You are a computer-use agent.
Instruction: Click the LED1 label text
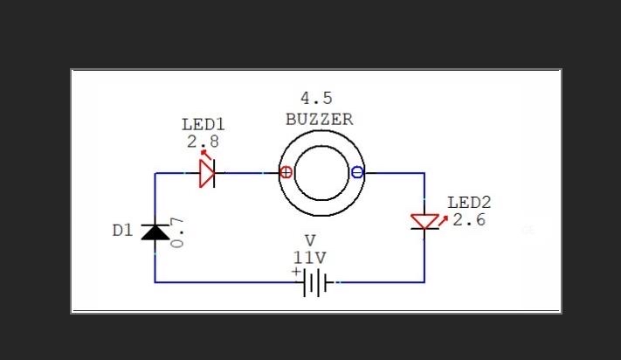click(203, 124)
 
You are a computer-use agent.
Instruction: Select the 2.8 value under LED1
click(203, 141)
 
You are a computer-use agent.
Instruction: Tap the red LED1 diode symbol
click(207, 173)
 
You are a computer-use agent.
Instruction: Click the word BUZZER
click(320, 120)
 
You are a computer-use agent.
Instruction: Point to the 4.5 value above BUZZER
click(316, 98)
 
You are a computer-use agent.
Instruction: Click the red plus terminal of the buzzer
click(286, 172)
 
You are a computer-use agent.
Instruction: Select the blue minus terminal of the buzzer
click(356, 172)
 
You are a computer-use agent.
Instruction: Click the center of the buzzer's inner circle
click(321, 173)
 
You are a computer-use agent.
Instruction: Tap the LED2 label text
click(469, 203)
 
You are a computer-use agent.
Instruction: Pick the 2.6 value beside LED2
click(469, 219)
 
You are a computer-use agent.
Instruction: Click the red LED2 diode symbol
click(424, 222)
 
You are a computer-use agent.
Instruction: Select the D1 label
click(122, 231)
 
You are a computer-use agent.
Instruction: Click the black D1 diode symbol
click(155, 232)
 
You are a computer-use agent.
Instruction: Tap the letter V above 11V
click(309, 240)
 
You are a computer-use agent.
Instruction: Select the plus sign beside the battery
click(296, 272)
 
